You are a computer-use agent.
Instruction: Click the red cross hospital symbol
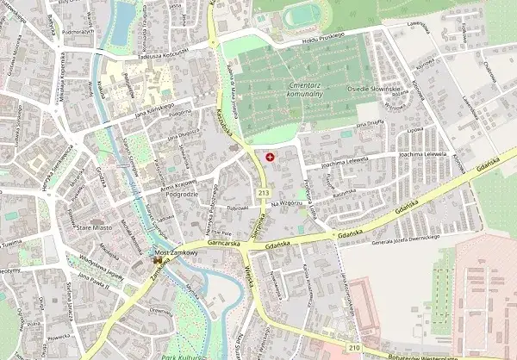click(272, 157)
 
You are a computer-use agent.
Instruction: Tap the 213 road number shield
click(261, 192)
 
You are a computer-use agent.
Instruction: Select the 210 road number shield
click(354, 346)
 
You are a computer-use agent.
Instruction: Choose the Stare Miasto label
click(94, 229)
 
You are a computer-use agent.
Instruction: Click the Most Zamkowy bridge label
click(173, 251)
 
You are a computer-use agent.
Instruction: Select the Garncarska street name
click(222, 243)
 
